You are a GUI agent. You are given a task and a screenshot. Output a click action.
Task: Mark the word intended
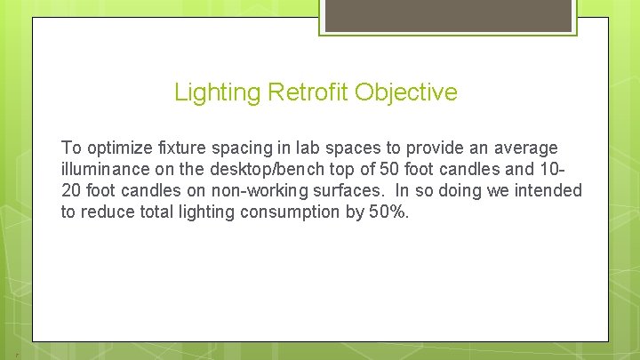coord(551,191)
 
